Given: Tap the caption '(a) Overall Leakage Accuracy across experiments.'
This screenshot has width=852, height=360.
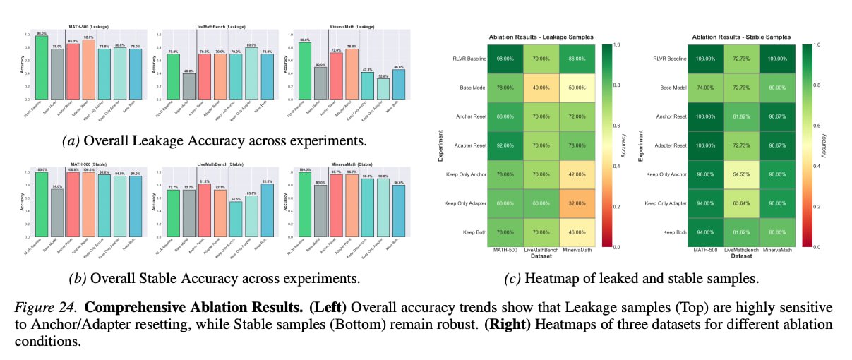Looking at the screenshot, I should tap(214, 140).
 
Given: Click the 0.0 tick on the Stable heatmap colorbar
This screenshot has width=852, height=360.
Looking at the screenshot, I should tap(819, 247).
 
